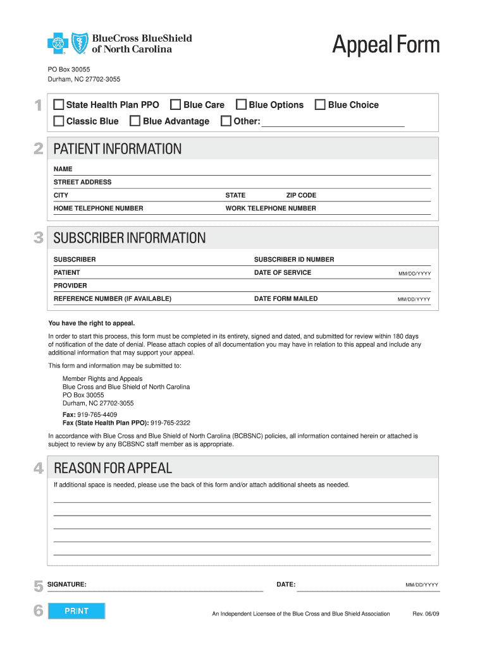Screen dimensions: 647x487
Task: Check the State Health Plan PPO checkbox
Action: point(59,105)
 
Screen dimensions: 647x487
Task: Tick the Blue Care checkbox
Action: point(176,105)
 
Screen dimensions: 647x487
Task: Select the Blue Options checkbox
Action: point(241,105)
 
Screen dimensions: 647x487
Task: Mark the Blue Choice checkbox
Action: point(320,105)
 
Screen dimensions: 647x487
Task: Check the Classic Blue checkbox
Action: point(59,121)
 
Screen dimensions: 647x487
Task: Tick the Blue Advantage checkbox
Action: point(135,121)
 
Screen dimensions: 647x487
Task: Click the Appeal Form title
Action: point(386,45)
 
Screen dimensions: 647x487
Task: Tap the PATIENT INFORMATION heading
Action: point(118,149)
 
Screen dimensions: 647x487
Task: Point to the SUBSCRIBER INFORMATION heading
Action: point(130,238)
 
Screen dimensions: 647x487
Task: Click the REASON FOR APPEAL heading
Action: point(113,468)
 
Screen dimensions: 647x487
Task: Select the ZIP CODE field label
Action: point(301,195)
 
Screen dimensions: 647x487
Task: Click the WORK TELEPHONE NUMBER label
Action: point(271,209)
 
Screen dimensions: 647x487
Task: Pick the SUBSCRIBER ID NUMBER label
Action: point(294,260)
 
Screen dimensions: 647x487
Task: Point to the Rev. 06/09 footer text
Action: point(426,614)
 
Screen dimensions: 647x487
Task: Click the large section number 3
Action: point(39,238)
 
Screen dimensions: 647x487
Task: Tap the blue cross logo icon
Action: point(58,44)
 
